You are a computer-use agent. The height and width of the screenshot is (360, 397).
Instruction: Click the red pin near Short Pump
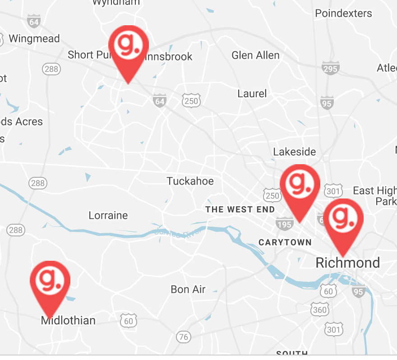click(x=129, y=45)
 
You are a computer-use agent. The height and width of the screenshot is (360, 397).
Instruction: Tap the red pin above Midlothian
click(x=50, y=281)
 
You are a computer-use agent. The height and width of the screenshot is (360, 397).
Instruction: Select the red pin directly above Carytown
click(x=300, y=185)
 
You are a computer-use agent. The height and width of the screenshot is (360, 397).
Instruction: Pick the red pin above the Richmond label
click(x=343, y=219)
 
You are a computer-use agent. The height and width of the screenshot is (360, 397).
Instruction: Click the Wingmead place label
click(x=34, y=39)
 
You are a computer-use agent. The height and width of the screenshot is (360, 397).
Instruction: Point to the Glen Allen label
click(x=255, y=55)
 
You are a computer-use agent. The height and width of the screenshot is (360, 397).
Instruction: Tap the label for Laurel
click(x=252, y=94)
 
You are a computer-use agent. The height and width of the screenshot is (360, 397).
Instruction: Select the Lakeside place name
click(x=295, y=152)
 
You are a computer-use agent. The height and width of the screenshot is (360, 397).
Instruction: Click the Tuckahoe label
click(x=190, y=181)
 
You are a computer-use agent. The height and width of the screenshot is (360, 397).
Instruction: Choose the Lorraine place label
click(x=108, y=215)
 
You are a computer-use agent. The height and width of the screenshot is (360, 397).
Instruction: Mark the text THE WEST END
click(x=240, y=209)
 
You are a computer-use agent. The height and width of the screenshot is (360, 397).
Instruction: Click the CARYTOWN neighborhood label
click(x=285, y=243)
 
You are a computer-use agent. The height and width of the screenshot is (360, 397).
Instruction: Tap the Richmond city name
click(x=347, y=263)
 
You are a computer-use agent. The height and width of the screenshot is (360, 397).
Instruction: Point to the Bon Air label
click(x=188, y=289)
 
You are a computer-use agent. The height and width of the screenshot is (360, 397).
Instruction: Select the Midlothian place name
click(x=68, y=321)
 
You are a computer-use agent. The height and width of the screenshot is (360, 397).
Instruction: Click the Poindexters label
click(x=344, y=13)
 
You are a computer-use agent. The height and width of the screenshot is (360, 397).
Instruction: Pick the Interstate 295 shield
click(x=331, y=69)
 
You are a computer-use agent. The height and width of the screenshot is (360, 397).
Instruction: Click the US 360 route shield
click(x=319, y=309)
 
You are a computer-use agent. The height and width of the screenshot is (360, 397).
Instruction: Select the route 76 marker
click(x=183, y=337)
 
